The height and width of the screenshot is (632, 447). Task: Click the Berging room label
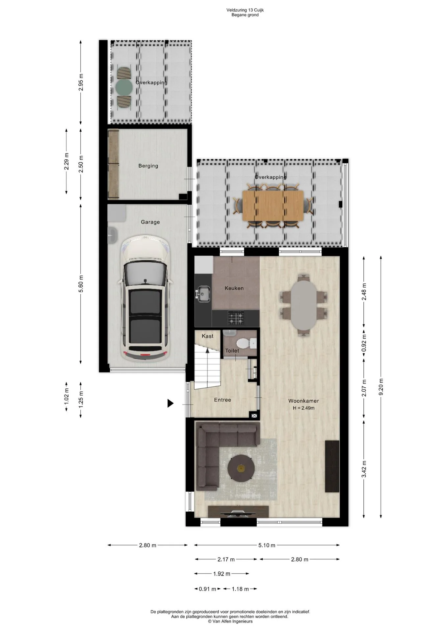(148, 166)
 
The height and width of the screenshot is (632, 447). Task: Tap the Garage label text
(150, 222)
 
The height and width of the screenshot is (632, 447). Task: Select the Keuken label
(234, 288)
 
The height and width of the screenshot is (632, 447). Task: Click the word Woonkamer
(303, 401)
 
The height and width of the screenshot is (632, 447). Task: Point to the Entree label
(223, 400)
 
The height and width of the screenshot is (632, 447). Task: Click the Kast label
(207, 336)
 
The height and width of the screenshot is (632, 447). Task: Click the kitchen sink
(204, 294)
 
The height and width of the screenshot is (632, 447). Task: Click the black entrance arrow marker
(170, 403)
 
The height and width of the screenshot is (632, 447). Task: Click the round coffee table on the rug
(241, 468)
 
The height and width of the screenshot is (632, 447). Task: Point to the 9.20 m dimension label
(381, 387)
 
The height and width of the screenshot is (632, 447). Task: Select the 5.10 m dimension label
(267, 545)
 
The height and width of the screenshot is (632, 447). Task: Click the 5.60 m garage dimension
(81, 283)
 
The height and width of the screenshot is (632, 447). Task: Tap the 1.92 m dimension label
(222, 574)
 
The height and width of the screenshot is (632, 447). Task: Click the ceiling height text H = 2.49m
(304, 408)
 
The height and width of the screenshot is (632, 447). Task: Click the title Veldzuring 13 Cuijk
(245, 10)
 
